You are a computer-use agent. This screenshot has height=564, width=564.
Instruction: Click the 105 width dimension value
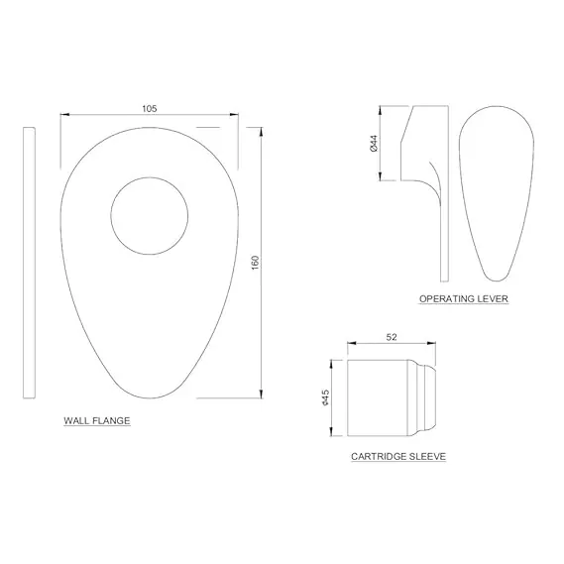(150, 108)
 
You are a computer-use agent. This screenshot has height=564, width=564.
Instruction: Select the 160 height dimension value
(255, 263)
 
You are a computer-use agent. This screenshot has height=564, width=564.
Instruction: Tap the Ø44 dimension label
(374, 143)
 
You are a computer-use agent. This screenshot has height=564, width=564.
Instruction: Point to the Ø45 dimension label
(325, 397)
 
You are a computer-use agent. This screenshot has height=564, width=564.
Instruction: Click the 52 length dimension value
(392, 337)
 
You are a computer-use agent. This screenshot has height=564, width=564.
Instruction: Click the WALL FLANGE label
(97, 420)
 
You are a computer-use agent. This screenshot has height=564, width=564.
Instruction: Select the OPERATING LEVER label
(464, 298)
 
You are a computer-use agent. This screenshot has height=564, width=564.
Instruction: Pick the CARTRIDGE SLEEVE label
(398, 456)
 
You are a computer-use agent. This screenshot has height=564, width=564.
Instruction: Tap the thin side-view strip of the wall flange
(29, 263)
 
